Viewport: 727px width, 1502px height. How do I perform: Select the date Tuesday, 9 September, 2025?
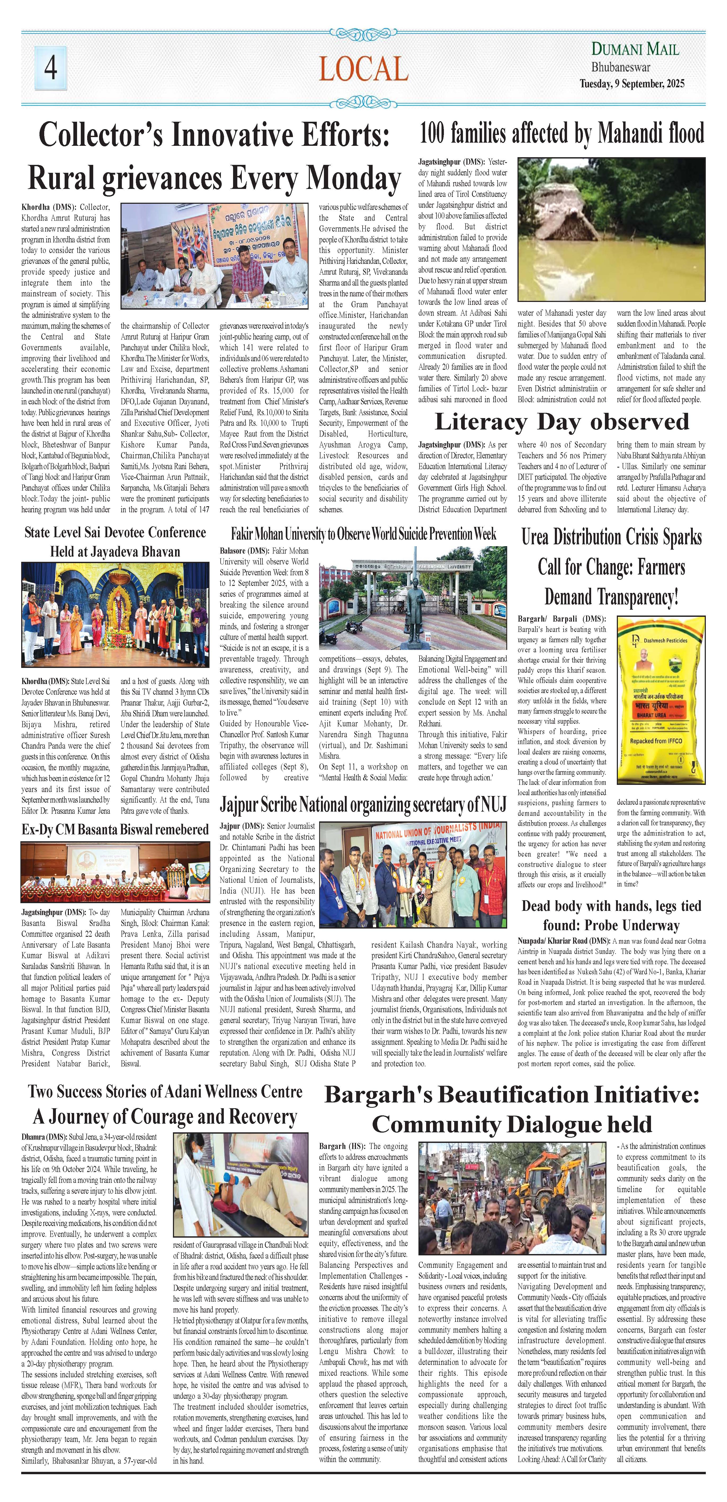pos(632,83)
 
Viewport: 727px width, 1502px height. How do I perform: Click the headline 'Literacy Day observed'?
pos(562,422)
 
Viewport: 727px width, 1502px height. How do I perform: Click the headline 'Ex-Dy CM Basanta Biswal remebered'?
pos(115,829)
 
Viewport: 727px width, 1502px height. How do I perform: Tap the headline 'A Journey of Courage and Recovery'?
pos(165,1117)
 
